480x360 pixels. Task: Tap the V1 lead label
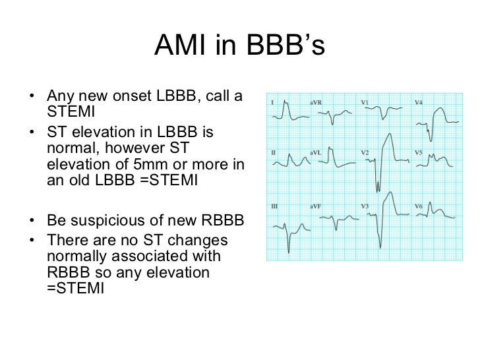click(365, 103)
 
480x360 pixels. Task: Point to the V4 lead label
click(419, 103)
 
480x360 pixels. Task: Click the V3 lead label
click(365, 206)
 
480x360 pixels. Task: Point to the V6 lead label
click(419, 206)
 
